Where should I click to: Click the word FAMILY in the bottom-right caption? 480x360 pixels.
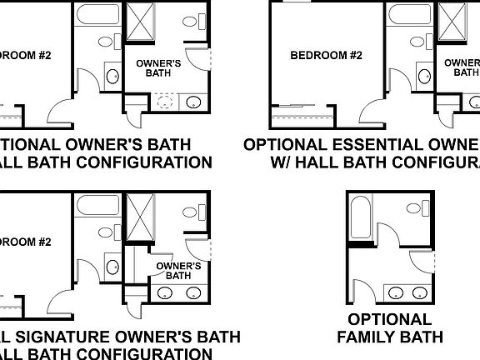pos(364,337)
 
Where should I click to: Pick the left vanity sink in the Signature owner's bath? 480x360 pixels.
pos(165,293)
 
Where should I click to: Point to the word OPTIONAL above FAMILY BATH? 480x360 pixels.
pos(389,319)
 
